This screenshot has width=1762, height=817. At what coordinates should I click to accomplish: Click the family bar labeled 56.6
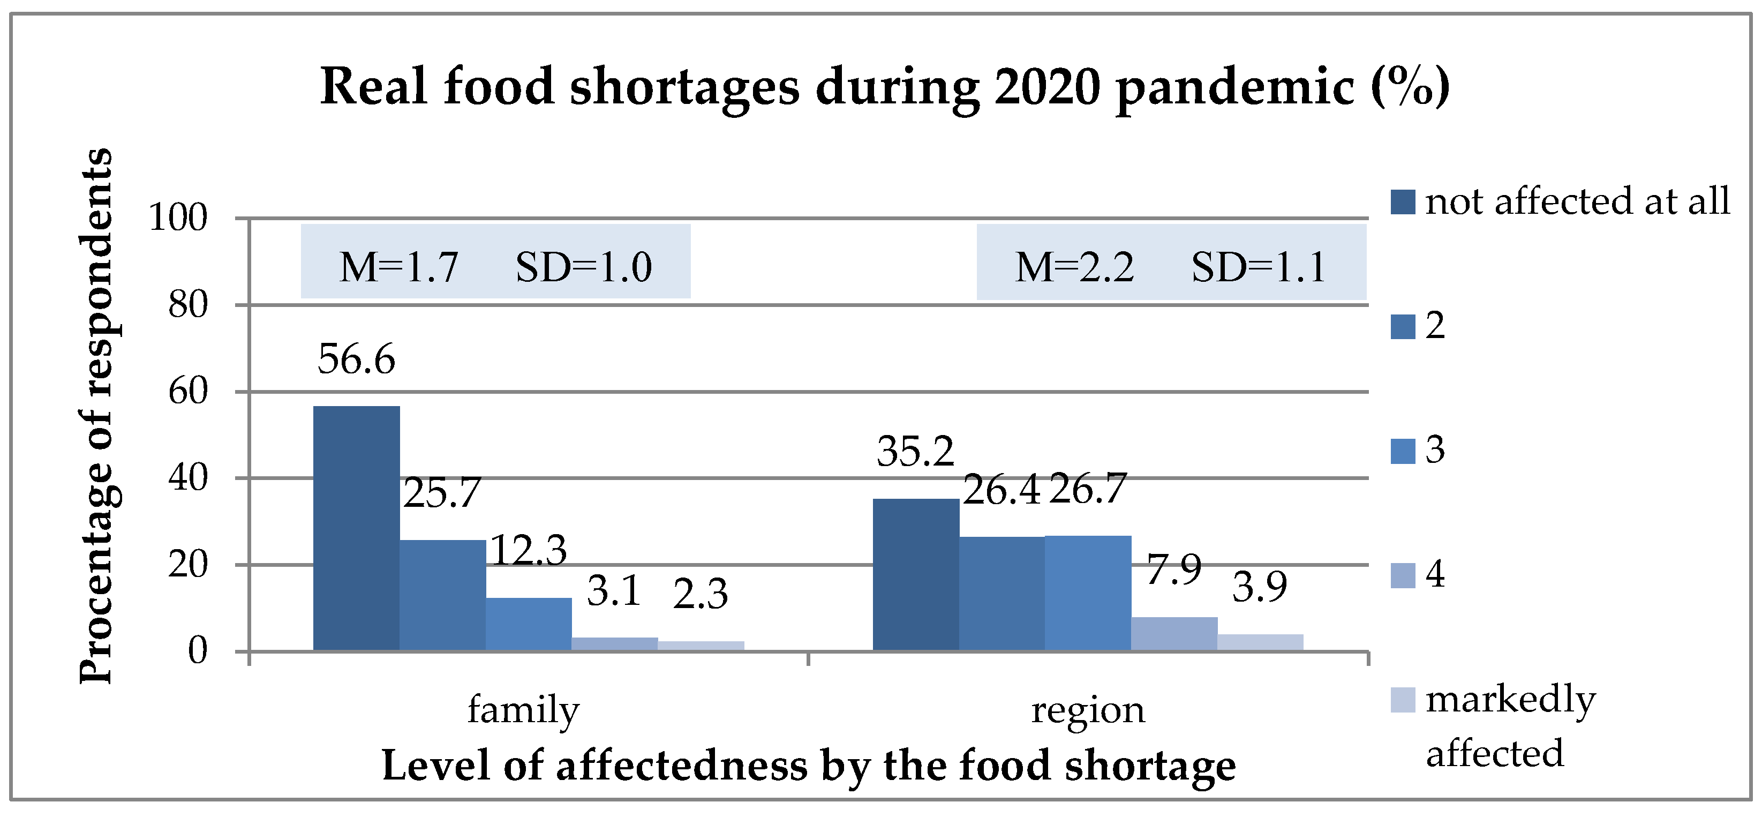tap(356, 528)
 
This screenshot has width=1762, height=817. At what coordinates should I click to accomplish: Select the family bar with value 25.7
tap(442, 595)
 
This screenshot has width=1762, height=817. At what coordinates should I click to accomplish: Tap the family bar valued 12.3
tap(529, 624)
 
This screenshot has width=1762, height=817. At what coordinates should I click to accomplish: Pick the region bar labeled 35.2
tap(916, 575)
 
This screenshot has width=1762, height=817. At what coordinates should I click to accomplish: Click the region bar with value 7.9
tap(1174, 634)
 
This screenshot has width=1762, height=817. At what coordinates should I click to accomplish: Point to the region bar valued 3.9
tap(1260, 642)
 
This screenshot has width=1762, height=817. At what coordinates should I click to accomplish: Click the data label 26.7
tap(1088, 489)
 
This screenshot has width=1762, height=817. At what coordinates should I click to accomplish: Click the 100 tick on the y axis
tap(178, 218)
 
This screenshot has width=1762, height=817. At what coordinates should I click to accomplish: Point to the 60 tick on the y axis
tap(188, 392)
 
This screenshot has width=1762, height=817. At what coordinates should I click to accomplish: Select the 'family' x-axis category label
tap(523, 709)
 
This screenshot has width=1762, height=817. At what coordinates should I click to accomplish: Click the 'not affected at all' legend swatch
tap(1403, 202)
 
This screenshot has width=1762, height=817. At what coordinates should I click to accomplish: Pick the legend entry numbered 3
tap(1418, 450)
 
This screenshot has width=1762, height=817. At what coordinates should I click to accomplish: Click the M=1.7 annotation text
tap(399, 267)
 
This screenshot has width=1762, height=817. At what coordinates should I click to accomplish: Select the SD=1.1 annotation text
tap(1259, 267)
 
